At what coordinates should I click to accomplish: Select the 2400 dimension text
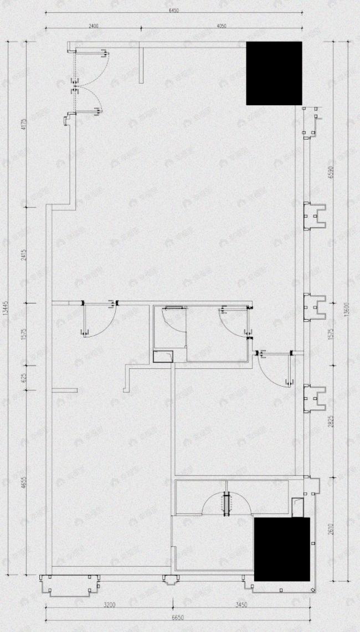click(92, 25)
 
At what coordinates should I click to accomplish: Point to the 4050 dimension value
click(221, 25)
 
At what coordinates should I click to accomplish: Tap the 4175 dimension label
click(23, 125)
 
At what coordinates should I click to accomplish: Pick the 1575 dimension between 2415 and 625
click(23, 335)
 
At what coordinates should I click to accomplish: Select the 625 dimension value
click(23, 379)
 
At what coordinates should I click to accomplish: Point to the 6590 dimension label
click(331, 173)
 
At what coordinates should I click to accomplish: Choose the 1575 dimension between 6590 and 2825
click(331, 335)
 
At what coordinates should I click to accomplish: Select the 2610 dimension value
click(331, 529)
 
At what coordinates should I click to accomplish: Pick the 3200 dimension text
click(109, 605)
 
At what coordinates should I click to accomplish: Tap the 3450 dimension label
click(241, 605)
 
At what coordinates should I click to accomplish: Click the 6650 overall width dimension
click(178, 617)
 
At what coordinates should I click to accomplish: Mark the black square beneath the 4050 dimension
click(274, 73)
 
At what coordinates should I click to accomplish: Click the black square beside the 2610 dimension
click(281, 549)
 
